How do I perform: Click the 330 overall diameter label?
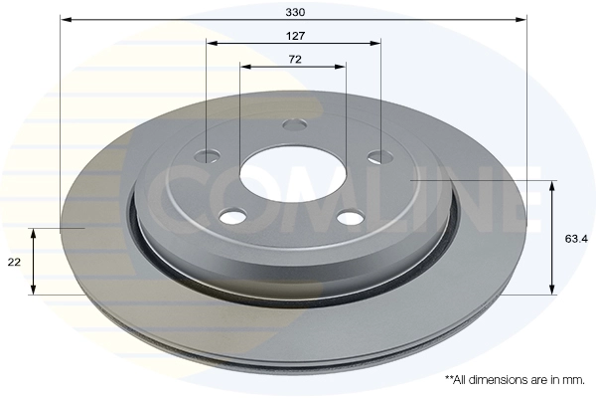pos(295,12)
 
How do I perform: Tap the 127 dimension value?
pos(295,36)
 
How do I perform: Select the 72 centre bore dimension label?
pos(295,60)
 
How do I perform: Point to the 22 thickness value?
pos(14,262)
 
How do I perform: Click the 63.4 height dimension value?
pos(576,239)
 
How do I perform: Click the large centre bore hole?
pos(293,173)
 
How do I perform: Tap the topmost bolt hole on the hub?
pos(295,125)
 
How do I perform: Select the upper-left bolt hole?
pos(208,156)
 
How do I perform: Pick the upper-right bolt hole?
pos(380,156)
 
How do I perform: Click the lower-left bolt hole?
pos(232,217)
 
